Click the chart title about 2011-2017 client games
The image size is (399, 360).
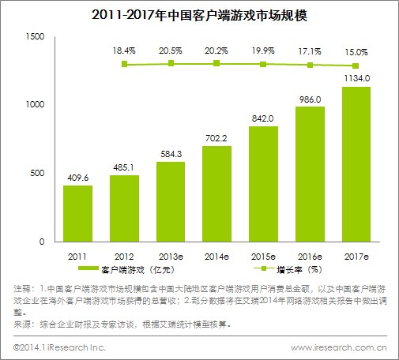tap(199, 14)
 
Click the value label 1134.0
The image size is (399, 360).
tap(356, 78)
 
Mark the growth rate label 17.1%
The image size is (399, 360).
tap(309, 49)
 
